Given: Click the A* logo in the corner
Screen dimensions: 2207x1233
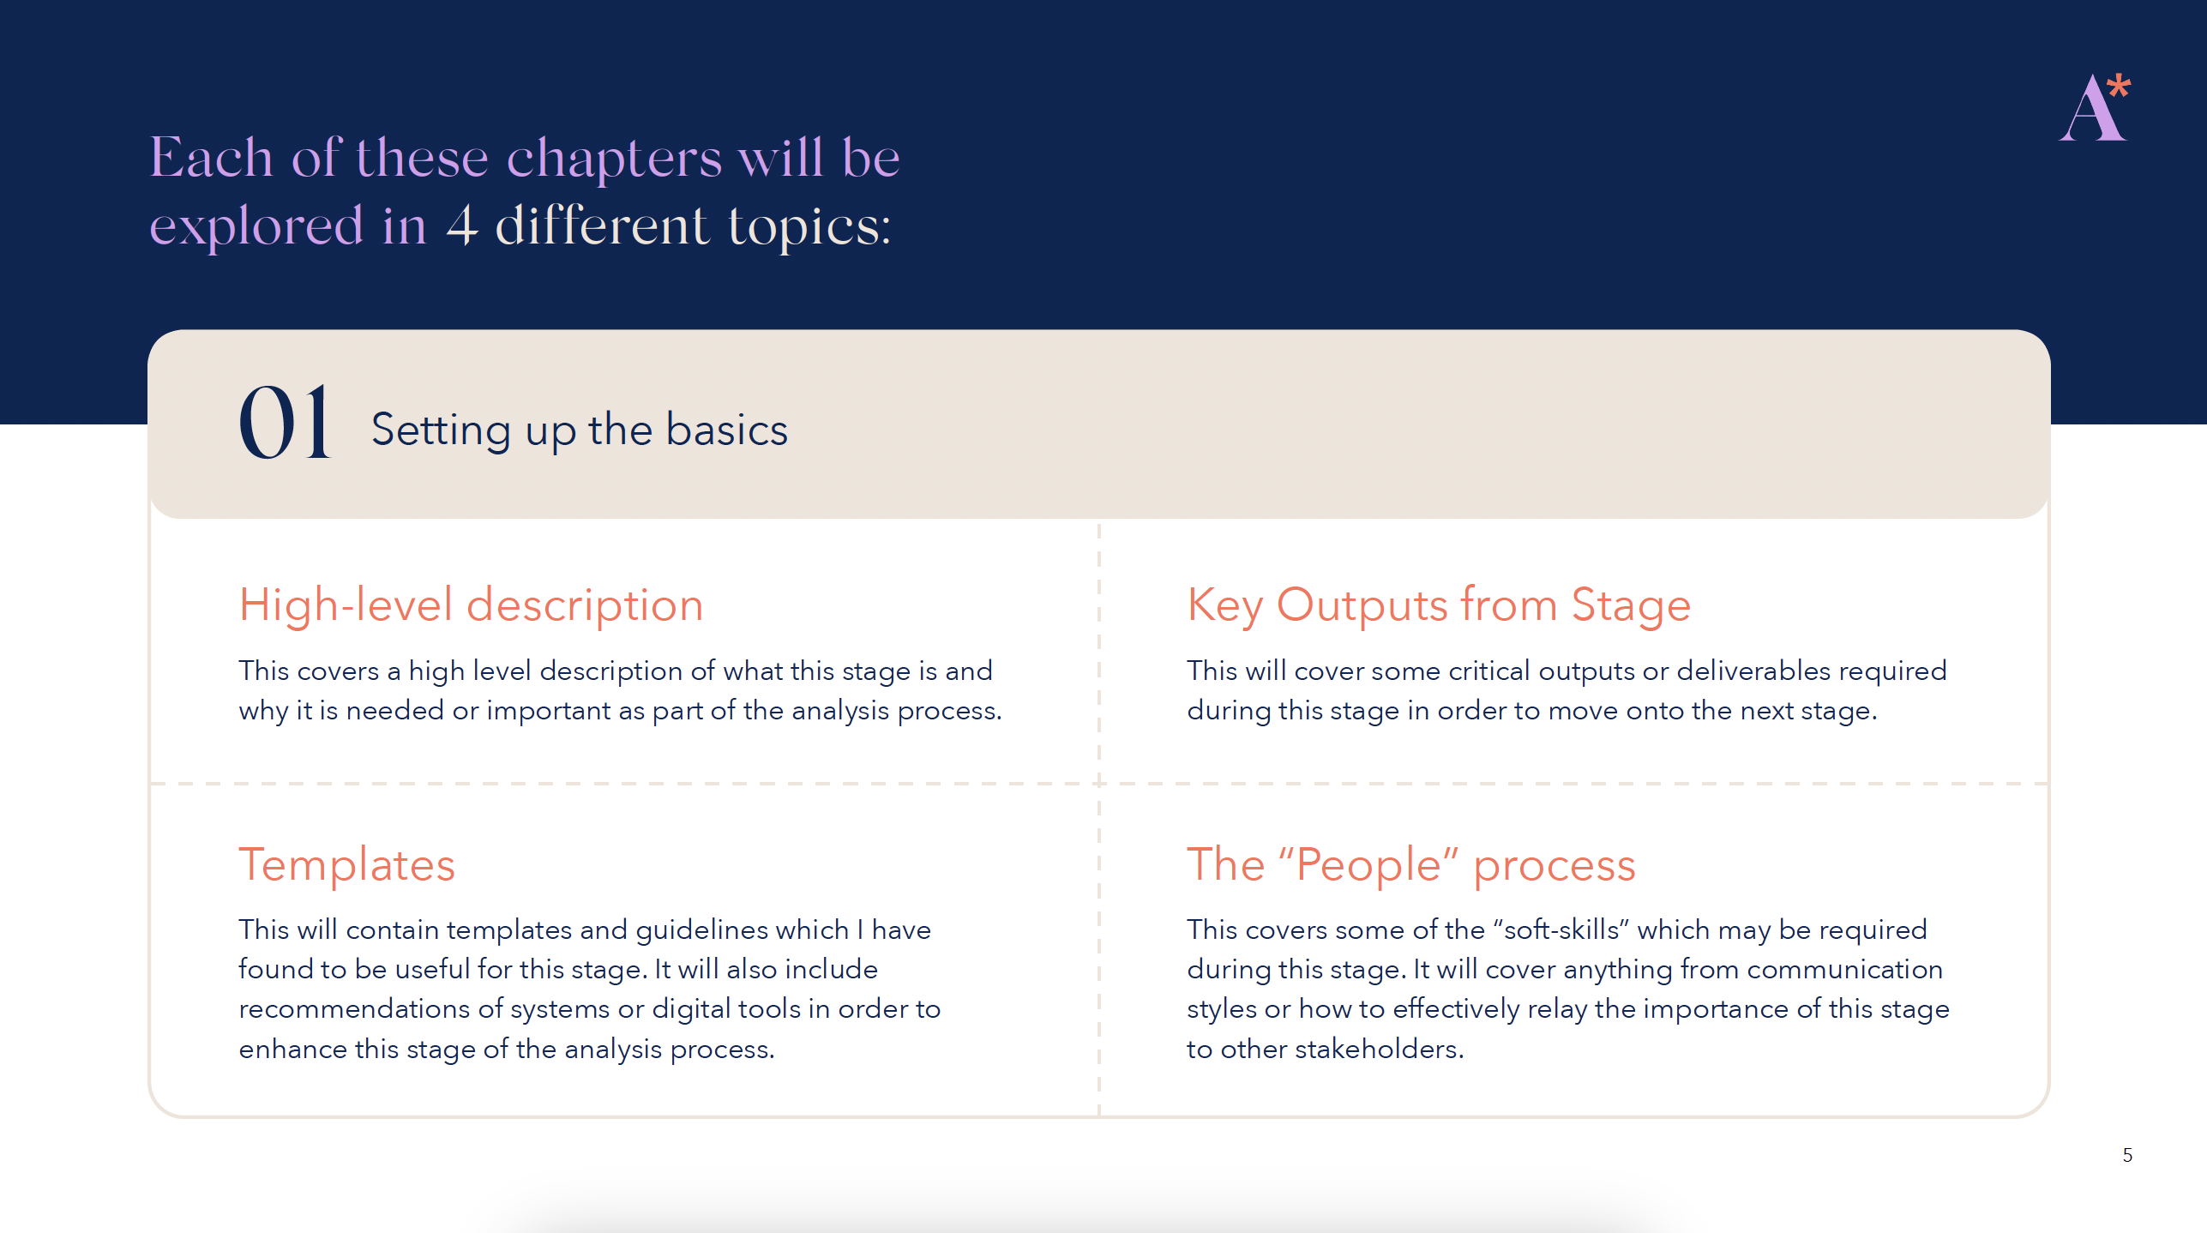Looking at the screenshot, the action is [x=2095, y=107].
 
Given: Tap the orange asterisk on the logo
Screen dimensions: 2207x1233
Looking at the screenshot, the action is [x=2119, y=86].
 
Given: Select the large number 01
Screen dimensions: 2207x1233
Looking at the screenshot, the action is [x=284, y=422].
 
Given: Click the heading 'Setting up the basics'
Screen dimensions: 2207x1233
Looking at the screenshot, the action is [x=579, y=430].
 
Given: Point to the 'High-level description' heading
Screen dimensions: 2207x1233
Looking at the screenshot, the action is [x=471, y=604].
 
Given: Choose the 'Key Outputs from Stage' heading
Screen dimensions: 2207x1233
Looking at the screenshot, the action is [x=1439, y=605].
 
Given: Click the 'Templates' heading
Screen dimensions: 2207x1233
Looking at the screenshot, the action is [x=346, y=864].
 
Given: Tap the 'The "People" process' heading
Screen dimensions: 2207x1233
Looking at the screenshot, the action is [x=1411, y=864].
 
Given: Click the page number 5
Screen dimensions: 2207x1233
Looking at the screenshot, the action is [x=2127, y=1155].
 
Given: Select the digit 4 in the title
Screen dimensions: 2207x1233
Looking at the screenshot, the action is [x=461, y=226].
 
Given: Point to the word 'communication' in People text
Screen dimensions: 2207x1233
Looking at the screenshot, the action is [x=1845, y=970].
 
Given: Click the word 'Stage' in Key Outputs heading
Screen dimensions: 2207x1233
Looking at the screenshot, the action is [x=1631, y=605].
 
